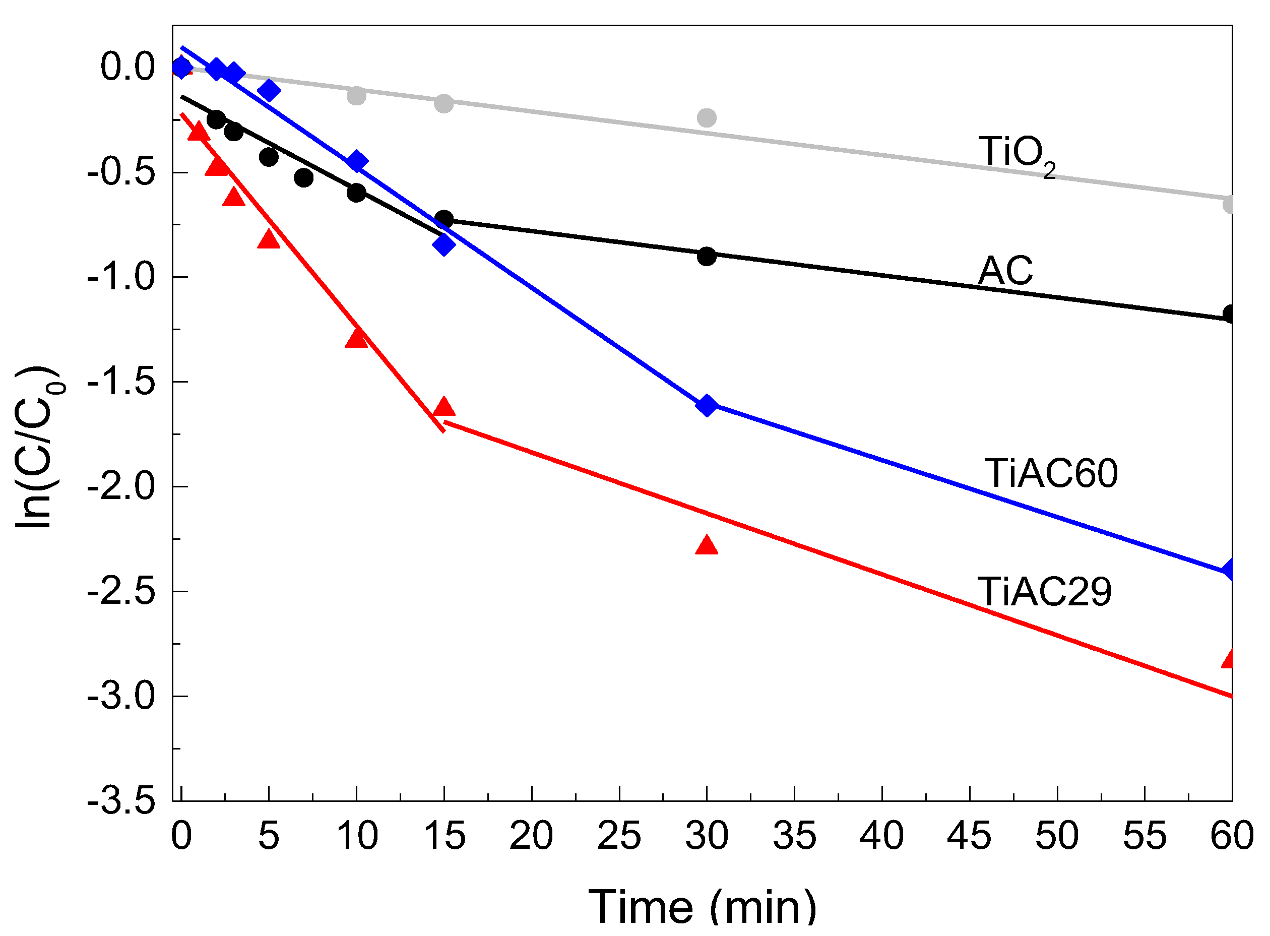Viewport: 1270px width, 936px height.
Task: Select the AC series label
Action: [x=1005, y=271]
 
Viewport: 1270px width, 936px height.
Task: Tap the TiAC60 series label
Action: [x=1051, y=473]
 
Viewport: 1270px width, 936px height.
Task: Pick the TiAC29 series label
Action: [x=1044, y=592]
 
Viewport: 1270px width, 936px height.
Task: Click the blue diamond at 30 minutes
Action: [x=707, y=406]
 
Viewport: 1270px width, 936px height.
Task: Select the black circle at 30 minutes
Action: [x=707, y=256]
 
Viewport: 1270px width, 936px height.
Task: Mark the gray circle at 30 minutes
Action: [x=707, y=118]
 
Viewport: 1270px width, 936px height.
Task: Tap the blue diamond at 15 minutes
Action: [x=444, y=245]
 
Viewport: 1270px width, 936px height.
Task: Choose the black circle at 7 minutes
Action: [x=303, y=178]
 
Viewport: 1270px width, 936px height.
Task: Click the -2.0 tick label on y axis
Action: [x=120, y=487]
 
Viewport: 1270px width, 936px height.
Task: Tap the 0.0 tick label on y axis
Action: [x=128, y=67]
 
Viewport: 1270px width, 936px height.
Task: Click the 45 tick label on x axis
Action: [x=969, y=836]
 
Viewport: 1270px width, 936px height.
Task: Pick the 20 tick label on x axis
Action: [x=531, y=836]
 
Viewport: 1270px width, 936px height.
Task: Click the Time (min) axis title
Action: [x=703, y=907]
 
